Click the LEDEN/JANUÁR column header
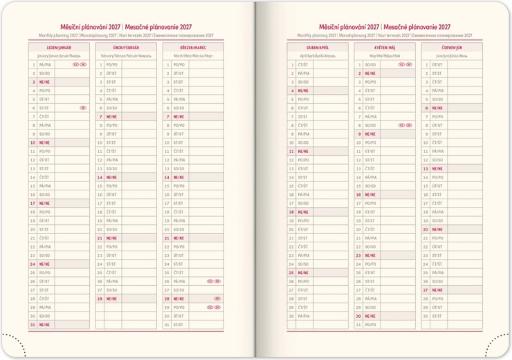(59, 47)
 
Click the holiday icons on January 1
(80, 64)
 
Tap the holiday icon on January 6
(83, 108)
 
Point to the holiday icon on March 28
(217, 299)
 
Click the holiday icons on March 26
(214, 282)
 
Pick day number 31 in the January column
(33, 325)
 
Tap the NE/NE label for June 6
(437, 108)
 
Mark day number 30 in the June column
(426, 316)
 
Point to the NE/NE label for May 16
(370, 195)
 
